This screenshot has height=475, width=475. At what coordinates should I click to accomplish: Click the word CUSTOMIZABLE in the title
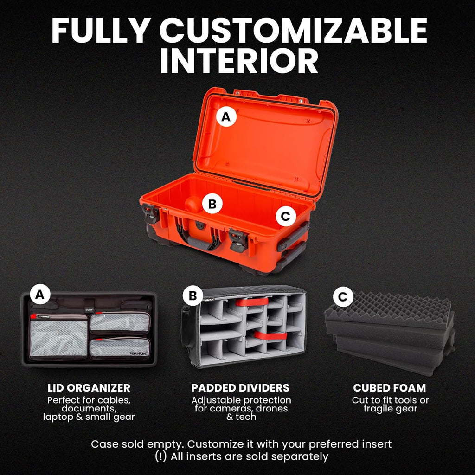tap(293, 30)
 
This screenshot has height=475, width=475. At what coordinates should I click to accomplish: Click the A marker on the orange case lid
tap(226, 116)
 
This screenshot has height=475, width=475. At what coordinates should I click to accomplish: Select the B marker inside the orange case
tap(212, 204)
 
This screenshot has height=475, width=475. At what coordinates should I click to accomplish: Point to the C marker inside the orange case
tap(286, 216)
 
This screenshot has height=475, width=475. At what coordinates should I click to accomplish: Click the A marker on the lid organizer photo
tap(40, 294)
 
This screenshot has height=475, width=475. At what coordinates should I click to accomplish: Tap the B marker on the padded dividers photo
tap(193, 295)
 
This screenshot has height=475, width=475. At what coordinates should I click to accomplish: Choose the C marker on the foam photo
tap(343, 296)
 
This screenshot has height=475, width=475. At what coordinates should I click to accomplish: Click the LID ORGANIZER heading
tap(89, 388)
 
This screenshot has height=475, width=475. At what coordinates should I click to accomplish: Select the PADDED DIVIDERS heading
tap(240, 388)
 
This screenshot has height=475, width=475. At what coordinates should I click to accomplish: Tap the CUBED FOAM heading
tap(390, 388)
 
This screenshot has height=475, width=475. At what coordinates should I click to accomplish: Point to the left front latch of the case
tap(151, 213)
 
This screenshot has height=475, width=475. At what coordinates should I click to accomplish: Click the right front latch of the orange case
tap(238, 240)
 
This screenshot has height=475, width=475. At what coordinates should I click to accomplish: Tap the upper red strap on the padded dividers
tap(252, 302)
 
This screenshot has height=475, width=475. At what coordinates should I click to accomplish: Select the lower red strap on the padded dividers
tap(270, 335)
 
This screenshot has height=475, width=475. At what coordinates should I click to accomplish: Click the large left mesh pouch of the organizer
tap(58, 337)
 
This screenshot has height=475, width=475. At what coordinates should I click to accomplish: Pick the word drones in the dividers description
tap(272, 408)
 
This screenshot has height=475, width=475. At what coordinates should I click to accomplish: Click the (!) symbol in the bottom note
tap(160, 456)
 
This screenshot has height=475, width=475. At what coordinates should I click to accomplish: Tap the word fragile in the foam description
tap(379, 409)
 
